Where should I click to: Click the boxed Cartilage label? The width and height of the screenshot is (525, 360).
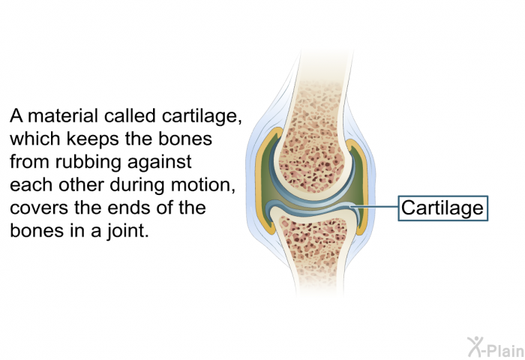pyautogui.click(x=442, y=208)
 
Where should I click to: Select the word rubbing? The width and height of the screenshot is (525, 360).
pyautogui.click(x=88, y=163)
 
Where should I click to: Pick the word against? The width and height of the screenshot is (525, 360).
pyautogui.click(x=159, y=163)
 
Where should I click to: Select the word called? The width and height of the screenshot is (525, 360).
pyautogui.click(x=130, y=115)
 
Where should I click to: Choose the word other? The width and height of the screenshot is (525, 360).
pyautogui.click(x=81, y=185)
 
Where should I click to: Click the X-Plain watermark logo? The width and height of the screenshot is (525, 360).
pyautogui.click(x=496, y=347)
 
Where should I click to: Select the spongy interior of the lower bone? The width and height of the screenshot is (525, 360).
pyautogui.click(x=313, y=238)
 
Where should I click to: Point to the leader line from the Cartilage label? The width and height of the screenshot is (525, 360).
pyautogui.click(x=374, y=206)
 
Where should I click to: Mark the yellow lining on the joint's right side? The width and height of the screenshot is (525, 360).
pyautogui.click(x=363, y=187)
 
